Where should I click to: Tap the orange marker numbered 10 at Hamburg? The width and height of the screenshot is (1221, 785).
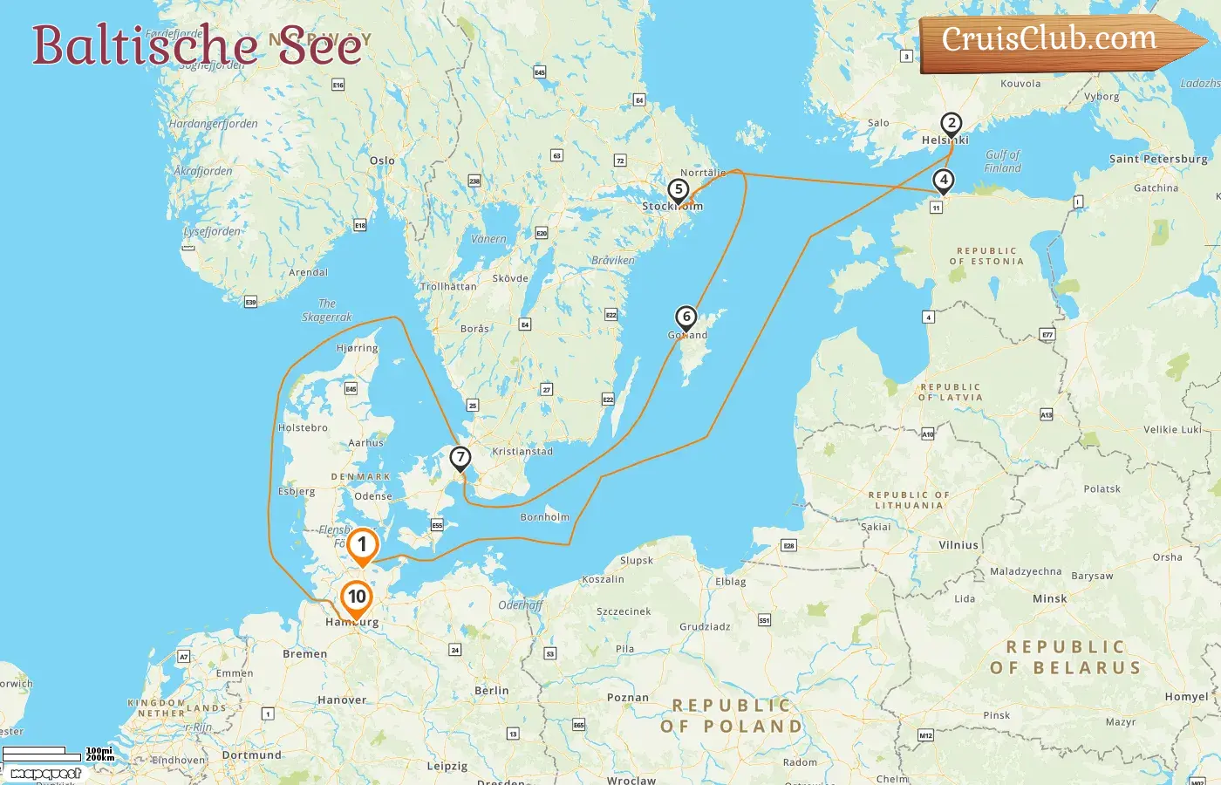click(357, 598)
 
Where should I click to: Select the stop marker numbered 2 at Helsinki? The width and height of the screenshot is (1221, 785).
click(952, 124)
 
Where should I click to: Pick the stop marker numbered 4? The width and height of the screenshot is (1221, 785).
click(943, 181)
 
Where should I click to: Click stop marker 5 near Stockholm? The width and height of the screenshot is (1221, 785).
click(679, 190)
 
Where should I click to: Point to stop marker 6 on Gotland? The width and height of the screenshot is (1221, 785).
click(686, 317)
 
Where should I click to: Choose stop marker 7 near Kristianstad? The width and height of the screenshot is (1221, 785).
click(460, 458)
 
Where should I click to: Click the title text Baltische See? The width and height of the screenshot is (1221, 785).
click(197, 45)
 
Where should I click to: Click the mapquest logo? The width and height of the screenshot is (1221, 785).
click(46, 774)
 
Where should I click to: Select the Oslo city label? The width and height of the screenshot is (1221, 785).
click(382, 160)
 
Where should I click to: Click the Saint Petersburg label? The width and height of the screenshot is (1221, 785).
click(1158, 159)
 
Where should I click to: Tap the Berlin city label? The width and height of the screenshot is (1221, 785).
click(492, 690)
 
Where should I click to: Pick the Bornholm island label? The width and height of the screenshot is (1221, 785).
click(544, 517)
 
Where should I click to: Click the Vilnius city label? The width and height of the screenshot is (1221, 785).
click(958, 545)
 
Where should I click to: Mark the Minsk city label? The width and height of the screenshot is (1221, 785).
click(1049, 598)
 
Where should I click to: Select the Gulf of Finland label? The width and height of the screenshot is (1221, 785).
click(1002, 161)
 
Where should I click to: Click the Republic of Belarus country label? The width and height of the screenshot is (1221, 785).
click(1066, 658)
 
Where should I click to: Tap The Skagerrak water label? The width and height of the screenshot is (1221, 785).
click(327, 311)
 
